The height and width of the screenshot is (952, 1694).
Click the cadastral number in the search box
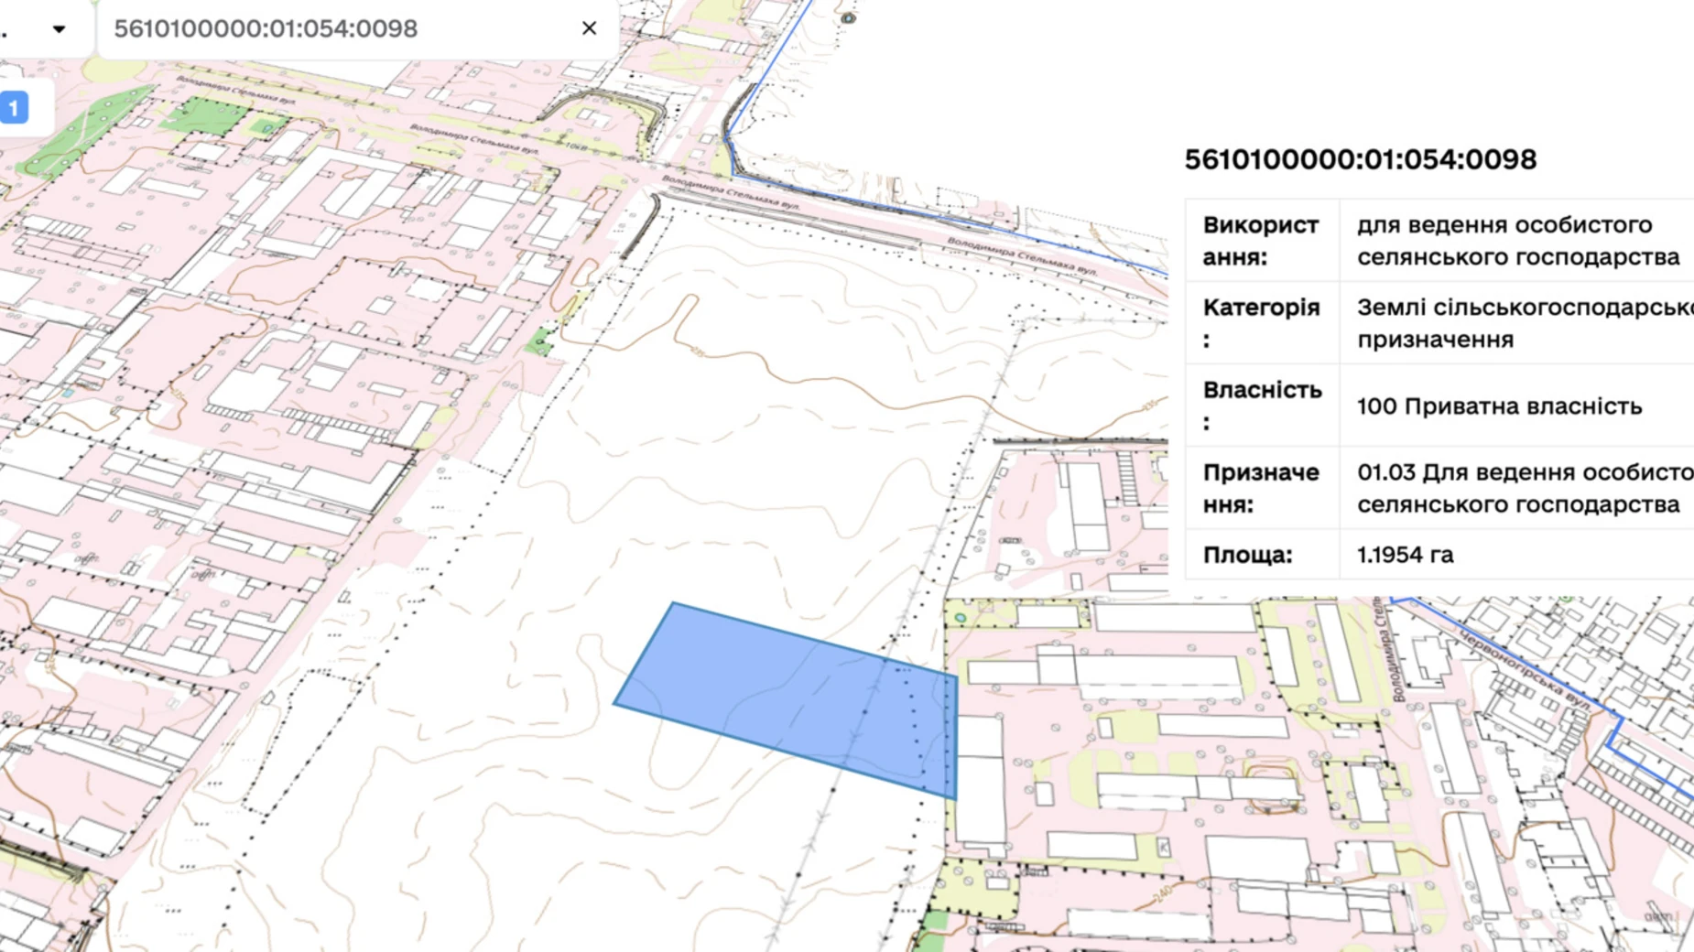click(x=266, y=29)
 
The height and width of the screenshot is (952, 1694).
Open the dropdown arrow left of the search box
click(x=59, y=29)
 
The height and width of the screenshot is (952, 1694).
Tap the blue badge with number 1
click(x=14, y=108)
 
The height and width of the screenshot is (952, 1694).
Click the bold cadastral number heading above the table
click(x=1360, y=159)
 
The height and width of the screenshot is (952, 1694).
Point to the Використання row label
click(x=1260, y=241)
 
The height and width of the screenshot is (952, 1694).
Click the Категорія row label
click(x=1260, y=322)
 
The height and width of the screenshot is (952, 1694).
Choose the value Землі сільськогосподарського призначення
click(x=1520, y=322)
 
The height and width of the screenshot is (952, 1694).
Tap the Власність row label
click(x=1260, y=405)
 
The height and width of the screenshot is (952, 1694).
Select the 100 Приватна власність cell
click(x=1499, y=406)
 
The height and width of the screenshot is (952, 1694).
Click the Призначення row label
click(x=1260, y=488)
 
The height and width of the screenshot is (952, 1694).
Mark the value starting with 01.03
click(x=1520, y=488)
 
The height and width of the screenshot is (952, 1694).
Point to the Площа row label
click(x=1247, y=555)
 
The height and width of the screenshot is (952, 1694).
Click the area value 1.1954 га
click(x=1405, y=555)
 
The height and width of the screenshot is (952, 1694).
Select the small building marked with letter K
click(x=1164, y=848)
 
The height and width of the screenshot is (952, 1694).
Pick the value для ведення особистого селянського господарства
click(x=1517, y=241)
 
